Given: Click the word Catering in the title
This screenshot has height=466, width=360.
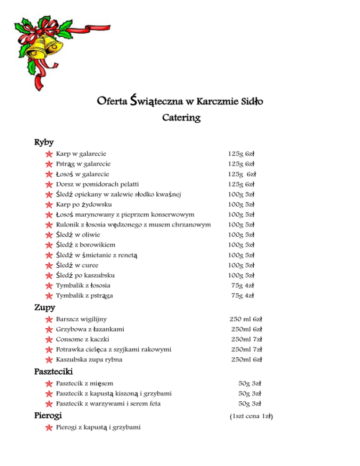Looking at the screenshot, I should point(181,119).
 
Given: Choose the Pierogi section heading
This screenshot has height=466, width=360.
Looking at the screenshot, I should point(48,415).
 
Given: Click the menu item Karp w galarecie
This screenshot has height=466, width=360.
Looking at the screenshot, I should point(81,154).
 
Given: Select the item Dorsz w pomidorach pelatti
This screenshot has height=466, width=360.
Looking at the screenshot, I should point(97,184).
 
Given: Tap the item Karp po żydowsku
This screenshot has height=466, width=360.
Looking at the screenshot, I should point(84,204).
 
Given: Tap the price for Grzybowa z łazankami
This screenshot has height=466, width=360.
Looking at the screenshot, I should point(246,330).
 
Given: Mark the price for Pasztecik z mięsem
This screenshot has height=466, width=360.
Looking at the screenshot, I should point(249,383).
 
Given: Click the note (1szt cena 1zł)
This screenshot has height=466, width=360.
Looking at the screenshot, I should point(251,416).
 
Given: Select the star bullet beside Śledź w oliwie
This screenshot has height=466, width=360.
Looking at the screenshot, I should point(49,235).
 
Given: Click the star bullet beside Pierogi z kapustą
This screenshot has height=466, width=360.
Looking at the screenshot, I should point(49,428).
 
